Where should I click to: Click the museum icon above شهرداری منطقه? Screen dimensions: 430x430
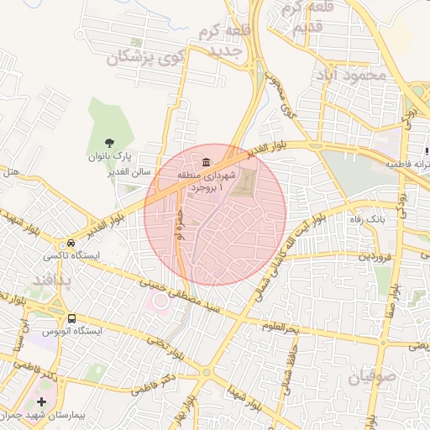point(206,161)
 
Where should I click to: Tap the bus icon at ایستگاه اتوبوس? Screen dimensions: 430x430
point(71,319)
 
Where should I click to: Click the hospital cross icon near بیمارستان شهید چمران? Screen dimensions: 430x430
point(42,402)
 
